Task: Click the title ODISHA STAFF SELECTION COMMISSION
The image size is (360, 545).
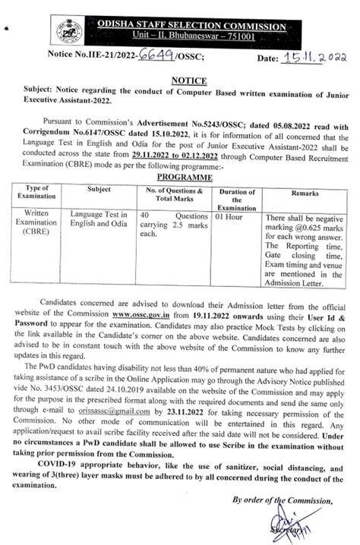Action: tap(193, 27)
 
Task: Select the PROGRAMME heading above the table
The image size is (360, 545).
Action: tap(182, 174)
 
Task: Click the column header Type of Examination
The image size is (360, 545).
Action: tap(38, 190)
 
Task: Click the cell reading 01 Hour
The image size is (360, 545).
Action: tap(230, 216)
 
